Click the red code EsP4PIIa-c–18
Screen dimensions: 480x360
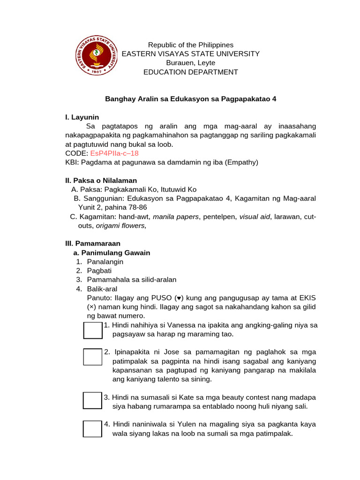point(114,153)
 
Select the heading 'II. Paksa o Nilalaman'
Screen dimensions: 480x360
point(101,180)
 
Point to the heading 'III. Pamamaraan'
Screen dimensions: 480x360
point(92,244)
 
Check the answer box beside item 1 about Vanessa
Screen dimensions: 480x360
point(92,330)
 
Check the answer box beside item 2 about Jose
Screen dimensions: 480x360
point(92,357)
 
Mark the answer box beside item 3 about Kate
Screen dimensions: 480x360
point(92,401)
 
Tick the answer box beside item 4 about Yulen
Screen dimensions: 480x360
point(92,428)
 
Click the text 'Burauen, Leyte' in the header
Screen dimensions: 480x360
point(190,63)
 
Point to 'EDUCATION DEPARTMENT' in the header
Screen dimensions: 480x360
point(190,72)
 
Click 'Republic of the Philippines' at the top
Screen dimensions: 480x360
point(190,45)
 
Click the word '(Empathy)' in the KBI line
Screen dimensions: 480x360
point(242,162)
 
